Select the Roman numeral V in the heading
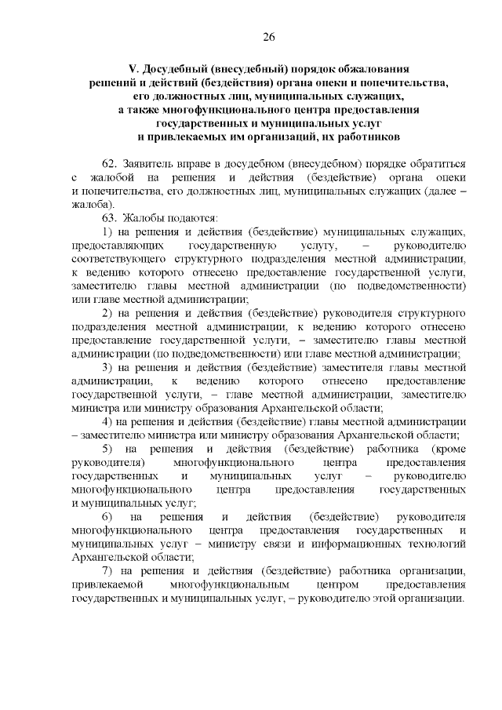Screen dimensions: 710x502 tap(133, 68)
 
